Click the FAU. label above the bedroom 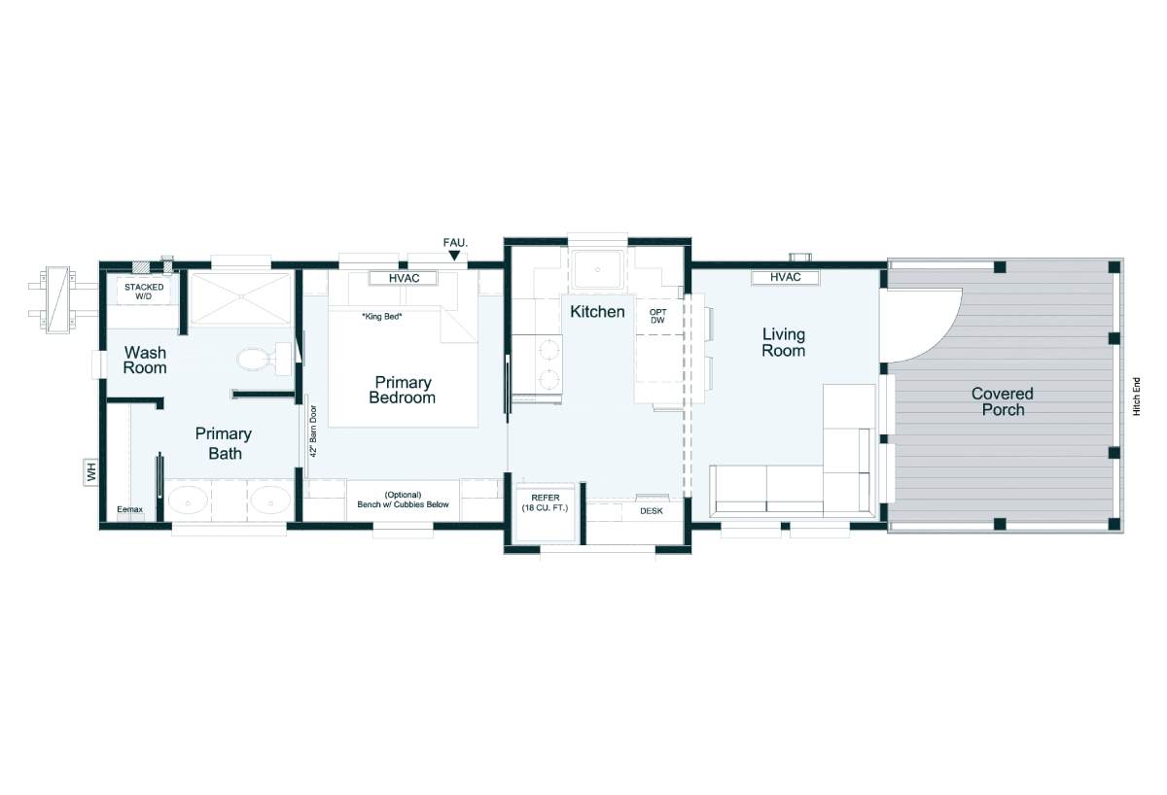(x=455, y=243)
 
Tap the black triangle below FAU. (x=454, y=255)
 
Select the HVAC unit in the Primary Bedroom (x=404, y=279)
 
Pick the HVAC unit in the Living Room (x=785, y=278)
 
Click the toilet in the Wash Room (x=264, y=359)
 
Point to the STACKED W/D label (x=144, y=292)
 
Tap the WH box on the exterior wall (x=91, y=472)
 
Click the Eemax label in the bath (x=129, y=509)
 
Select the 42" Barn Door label (x=313, y=432)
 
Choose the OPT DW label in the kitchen (x=657, y=317)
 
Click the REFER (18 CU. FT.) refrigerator (x=545, y=512)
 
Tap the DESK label (x=652, y=511)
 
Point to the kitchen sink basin (x=597, y=269)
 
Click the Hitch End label (x=1137, y=397)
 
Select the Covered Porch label (x=1003, y=401)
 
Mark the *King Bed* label (x=382, y=317)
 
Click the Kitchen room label (x=597, y=312)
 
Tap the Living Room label (x=784, y=342)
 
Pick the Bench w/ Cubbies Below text (x=403, y=504)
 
